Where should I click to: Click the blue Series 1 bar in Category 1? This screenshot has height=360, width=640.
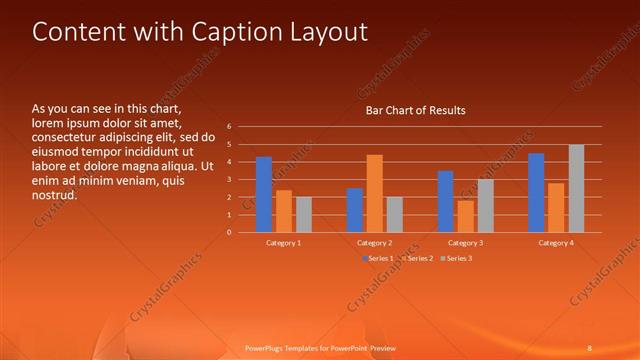pyautogui.click(x=264, y=195)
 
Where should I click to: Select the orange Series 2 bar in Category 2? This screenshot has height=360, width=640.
pyautogui.click(x=375, y=194)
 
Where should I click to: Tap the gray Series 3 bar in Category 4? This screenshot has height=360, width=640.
pyautogui.click(x=576, y=188)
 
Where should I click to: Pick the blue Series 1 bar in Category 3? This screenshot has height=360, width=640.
pyautogui.click(x=445, y=202)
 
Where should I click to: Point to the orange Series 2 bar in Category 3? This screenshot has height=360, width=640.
pyautogui.click(x=465, y=217)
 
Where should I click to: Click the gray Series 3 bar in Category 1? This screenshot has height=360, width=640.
pyautogui.click(x=304, y=215)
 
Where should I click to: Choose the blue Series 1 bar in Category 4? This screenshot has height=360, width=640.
pyautogui.click(x=536, y=193)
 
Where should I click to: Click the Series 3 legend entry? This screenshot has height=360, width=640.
pyautogui.click(x=457, y=259)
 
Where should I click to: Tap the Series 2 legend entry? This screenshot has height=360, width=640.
pyautogui.click(x=418, y=259)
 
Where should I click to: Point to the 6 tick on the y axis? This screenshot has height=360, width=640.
pyautogui.click(x=229, y=127)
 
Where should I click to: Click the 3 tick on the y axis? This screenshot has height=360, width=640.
pyautogui.click(x=229, y=180)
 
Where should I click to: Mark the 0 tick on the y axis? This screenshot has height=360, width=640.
pyautogui.click(x=229, y=233)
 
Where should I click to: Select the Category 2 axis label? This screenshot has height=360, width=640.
pyautogui.click(x=374, y=243)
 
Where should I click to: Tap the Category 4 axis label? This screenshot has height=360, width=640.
pyautogui.click(x=556, y=243)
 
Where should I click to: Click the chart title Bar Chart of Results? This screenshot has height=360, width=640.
pyautogui.click(x=415, y=110)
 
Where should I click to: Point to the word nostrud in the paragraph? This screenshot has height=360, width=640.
pyautogui.click(x=54, y=195)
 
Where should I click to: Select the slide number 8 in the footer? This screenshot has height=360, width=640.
pyautogui.click(x=589, y=348)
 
